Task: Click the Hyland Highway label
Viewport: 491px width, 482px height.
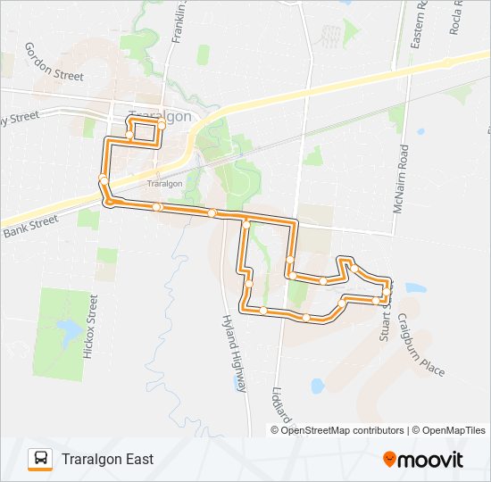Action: (x=234, y=353)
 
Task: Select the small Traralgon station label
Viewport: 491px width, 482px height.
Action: (x=157, y=184)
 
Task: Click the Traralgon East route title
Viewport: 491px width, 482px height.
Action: (x=108, y=459)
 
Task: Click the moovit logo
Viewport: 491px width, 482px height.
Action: (x=423, y=460)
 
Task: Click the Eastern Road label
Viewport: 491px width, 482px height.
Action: (x=420, y=27)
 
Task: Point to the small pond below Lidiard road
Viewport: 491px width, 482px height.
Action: (x=318, y=386)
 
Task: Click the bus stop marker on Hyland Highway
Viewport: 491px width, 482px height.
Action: (x=244, y=225)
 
